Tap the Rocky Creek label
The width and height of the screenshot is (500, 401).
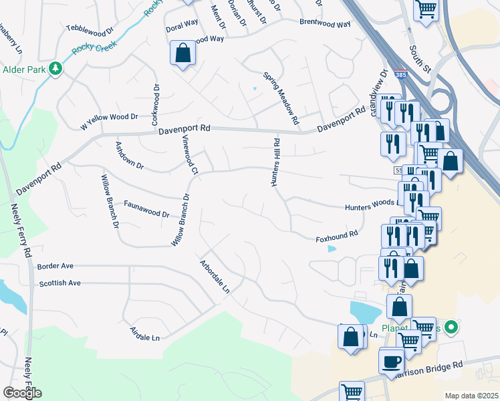click(94, 47)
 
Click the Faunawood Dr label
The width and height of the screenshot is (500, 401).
click(146, 209)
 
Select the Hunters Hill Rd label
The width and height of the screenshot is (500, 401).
click(275, 161)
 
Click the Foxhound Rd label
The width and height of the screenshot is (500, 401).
click(338, 235)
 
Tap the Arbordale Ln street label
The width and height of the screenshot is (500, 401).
click(215, 277)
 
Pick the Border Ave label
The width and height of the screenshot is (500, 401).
click(55, 266)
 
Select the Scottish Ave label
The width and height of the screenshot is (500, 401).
click(59, 283)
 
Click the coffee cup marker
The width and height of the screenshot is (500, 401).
click(392, 361)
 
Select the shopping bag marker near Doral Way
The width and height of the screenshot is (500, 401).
click(182, 53)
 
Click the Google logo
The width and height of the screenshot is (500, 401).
click(22, 392)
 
